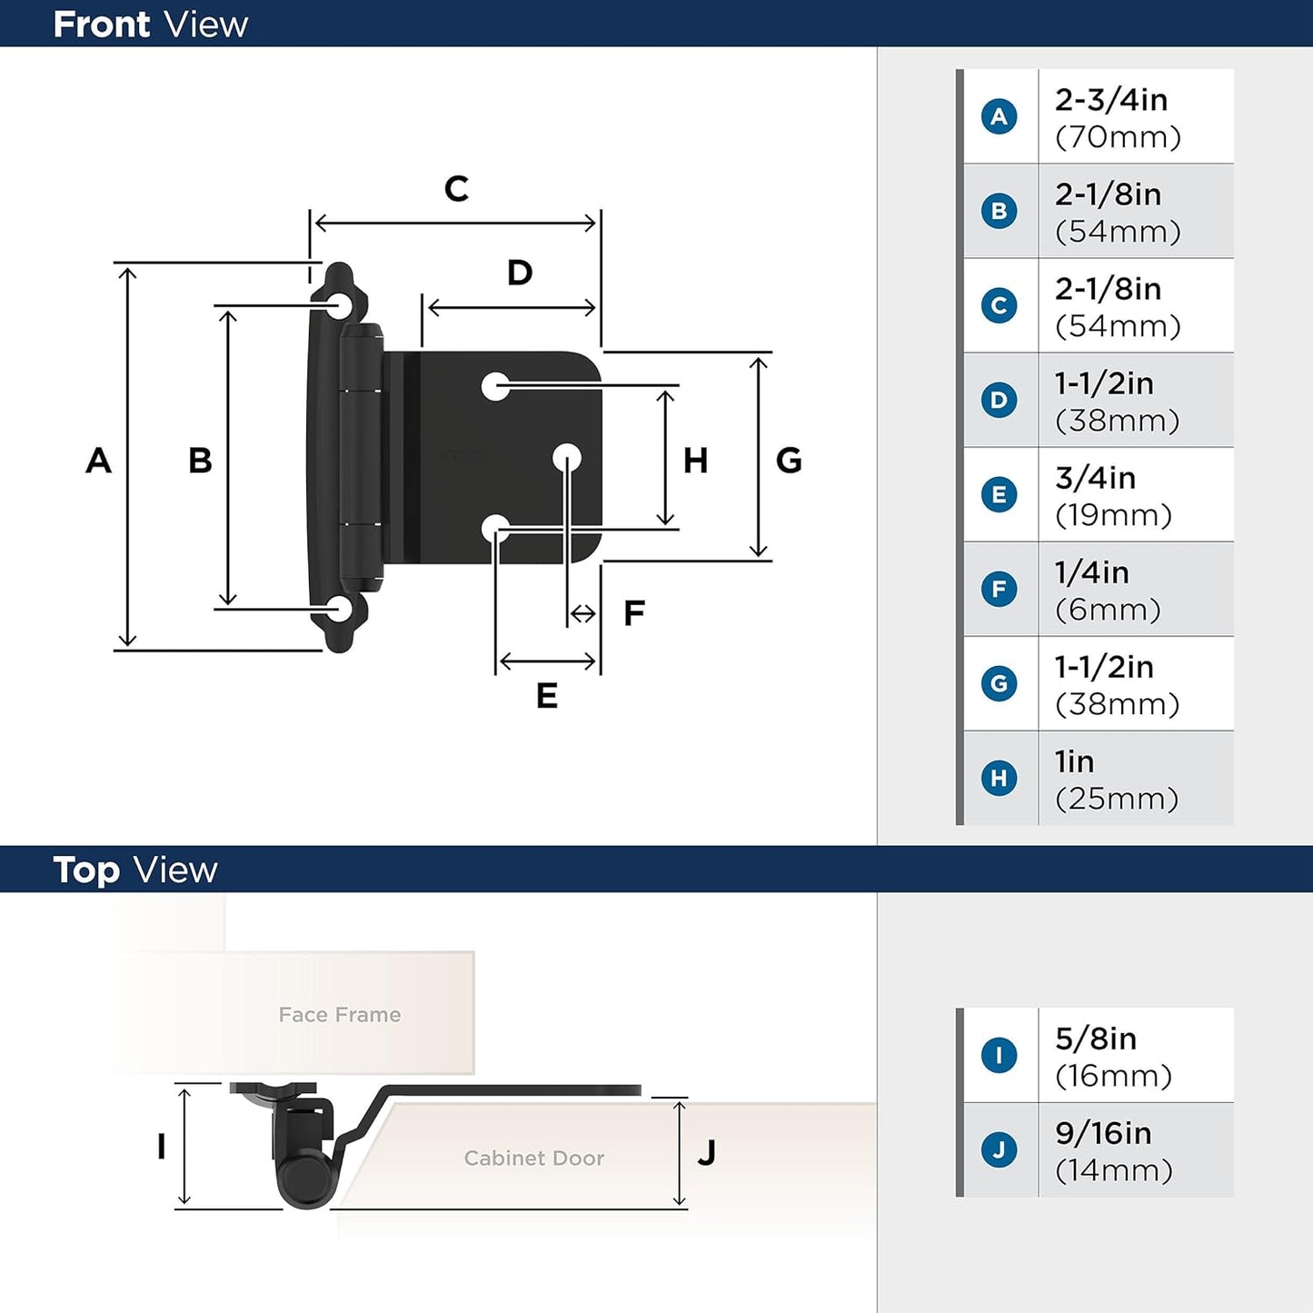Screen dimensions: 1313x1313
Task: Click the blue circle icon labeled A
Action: pyautogui.click(x=999, y=116)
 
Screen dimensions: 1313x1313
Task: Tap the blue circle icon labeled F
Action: pyautogui.click(x=999, y=589)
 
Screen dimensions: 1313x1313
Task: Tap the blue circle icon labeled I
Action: pyautogui.click(x=999, y=1055)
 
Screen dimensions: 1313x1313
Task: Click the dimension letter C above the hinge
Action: pyautogui.click(x=456, y=189)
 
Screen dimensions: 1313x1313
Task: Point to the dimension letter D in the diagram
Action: pyautogui.click(x=519, y=273)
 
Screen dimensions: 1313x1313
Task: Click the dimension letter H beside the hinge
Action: pyautogui.click(x=695, y=462)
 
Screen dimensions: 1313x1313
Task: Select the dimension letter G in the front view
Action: pyautogui.click(x=788, y=462)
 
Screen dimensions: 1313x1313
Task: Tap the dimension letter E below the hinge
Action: pyautogui.click(x=546, y=696)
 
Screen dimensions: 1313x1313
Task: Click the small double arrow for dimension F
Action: pyautogui.click(x=582, y=614)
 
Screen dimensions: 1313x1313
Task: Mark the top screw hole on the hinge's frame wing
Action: pyautogui.click(x=341, y=303)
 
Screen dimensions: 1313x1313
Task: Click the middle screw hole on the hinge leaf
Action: pyautogui.click(x=567, y=457)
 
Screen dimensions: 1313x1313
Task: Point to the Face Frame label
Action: pyautogui.click(x=339, y=1015)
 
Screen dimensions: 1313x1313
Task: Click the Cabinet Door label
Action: pyautogui.click(x=533, y=1159)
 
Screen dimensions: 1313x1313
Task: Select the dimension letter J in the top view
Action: pyautogui.click(x=706, y=1153)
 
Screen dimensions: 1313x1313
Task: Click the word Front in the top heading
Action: pyautogui.click(x=100, y=25)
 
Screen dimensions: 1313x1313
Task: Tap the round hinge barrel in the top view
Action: pyautogui.click(x=305, y=1180)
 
